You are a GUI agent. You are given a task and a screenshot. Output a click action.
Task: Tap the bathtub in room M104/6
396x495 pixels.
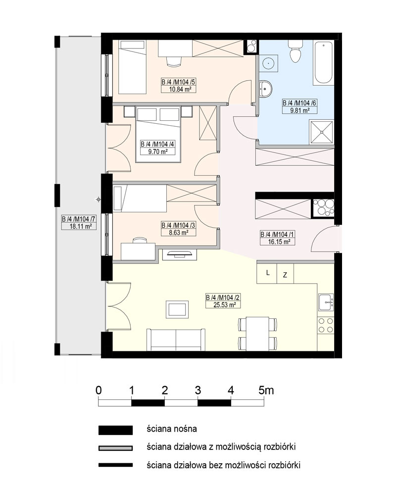click(323, 62)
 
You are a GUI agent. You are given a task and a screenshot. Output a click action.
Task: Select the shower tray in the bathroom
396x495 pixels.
click(321, 132)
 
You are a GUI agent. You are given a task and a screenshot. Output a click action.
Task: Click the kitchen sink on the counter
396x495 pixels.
click(326, 302)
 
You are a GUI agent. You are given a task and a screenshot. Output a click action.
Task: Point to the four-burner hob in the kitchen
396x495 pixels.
click(326, 326)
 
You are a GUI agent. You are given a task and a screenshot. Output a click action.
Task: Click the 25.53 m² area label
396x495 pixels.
click(225, 305)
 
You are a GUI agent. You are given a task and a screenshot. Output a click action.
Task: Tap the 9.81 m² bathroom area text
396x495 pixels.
click(299, 110)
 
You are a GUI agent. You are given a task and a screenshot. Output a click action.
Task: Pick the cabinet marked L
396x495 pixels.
click(267, 273)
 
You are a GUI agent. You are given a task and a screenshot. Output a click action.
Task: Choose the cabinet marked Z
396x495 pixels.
click(285, 274)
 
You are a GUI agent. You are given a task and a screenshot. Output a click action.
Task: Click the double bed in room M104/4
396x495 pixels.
click(158, 134)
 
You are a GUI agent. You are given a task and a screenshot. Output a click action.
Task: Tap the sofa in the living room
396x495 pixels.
click(176, 340)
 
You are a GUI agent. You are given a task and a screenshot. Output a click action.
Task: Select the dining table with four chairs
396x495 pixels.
click(257, 334)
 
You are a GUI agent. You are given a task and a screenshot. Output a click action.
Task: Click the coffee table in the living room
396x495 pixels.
click(177, 309)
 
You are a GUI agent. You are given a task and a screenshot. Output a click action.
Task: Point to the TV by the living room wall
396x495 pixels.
click(179, 254)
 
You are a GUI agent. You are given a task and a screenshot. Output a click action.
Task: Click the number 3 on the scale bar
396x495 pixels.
click(198, 391)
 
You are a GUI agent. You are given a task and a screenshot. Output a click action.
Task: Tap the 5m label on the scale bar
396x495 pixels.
click(266, 391)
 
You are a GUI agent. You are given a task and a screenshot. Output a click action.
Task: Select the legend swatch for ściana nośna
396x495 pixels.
click(115, 430)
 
